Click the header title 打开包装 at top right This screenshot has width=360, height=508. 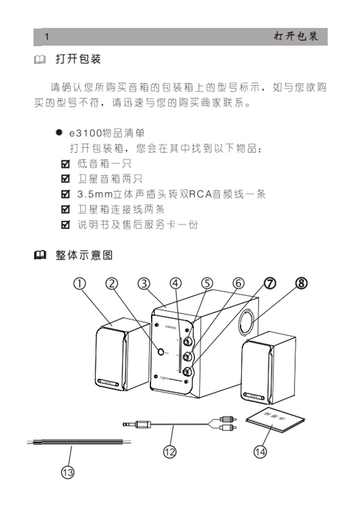(x=296, y=37)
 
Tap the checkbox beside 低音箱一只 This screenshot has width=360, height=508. (x=66, y=163)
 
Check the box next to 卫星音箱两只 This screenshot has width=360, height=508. (x=66, y=179)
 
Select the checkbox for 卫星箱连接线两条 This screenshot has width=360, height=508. (x=66, y=210)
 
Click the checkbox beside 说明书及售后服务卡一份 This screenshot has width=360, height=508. (x=66, y=226)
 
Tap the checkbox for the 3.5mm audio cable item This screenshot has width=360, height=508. (x=66, y=194)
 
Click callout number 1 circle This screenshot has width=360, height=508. (x=80, y=284)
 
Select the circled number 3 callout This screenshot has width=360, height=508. (x=143, y=284)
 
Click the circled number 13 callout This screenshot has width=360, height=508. (x=68, y=472)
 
